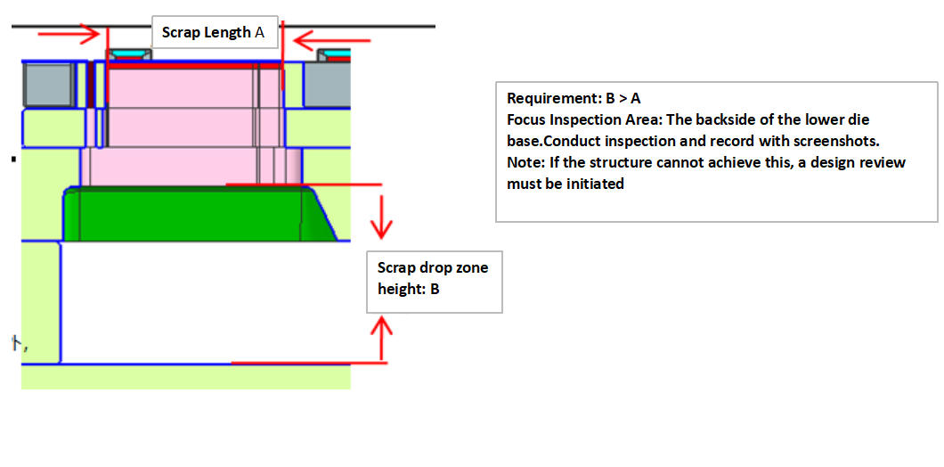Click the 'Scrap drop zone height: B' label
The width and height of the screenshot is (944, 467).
(x=434, y=279)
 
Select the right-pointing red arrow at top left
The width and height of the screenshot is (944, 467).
(x=70, y=34)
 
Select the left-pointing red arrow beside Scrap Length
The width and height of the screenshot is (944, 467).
(x=320, y=40)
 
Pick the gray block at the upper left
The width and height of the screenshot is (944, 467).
(x=48, y=86)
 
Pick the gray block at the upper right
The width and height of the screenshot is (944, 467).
(x=327, y=86)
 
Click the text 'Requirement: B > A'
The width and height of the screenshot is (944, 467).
(x=574, y=98)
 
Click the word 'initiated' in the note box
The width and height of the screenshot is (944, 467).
(x=596, y=184)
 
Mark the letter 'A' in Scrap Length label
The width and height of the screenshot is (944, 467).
(x=260, y=33)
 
